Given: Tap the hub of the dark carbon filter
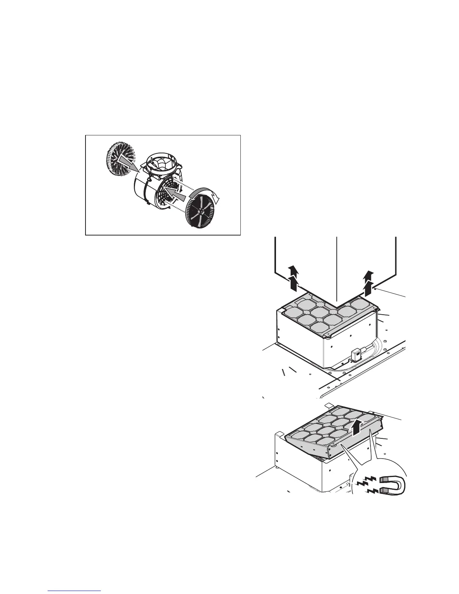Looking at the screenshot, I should (x=202, y=212).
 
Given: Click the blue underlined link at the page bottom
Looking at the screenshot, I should (x=75, y=591).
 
